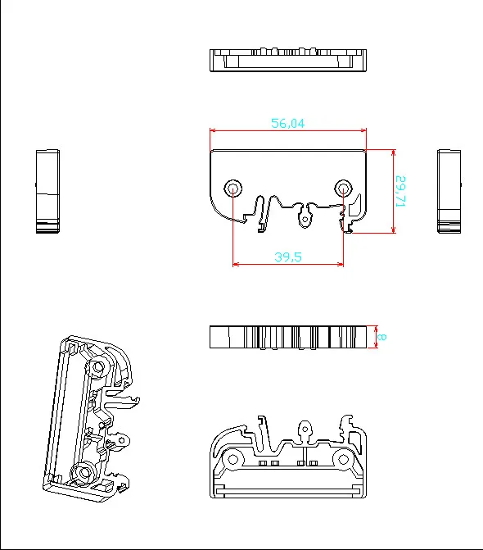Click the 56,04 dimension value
(287, 123)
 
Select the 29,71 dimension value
(401, 191)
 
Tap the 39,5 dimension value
(287, 257)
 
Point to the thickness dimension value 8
(383, 337)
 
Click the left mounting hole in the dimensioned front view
(233, 189)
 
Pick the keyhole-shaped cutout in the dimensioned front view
(306, 217)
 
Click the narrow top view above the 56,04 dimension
(287, 61)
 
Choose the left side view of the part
(47, 191)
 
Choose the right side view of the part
(449, 191)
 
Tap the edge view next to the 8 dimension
(287, 337)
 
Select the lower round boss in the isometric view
(83, 471)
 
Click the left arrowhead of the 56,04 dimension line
(213, 130)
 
